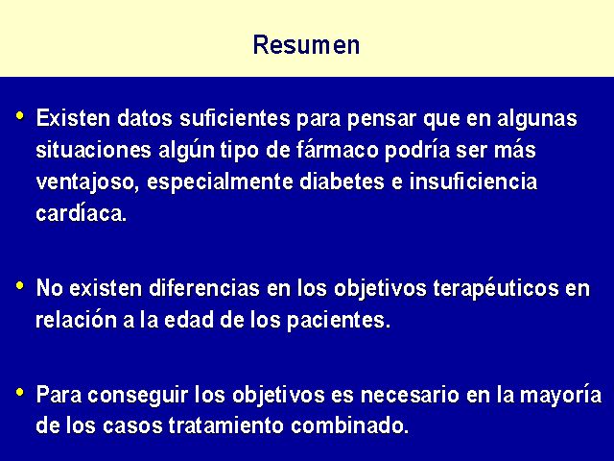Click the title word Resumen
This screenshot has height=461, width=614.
point(306,45)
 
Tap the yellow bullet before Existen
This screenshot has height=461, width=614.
point(20,115)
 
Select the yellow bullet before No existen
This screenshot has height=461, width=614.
point(20,285)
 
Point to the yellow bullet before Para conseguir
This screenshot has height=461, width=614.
point(20,392)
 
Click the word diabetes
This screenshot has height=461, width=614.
point(342,182)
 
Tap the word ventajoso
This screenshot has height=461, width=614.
point(87,182)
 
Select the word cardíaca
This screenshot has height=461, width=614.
point(82,213)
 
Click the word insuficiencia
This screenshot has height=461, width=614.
point(473,182)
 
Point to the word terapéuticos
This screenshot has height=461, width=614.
point(496,289)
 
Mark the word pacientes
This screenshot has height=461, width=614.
point(339,321)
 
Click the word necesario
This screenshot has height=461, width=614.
point(410,395)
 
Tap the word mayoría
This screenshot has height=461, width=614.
point(560,396)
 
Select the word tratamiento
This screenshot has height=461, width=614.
point(226,425)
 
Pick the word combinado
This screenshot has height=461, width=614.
point(349,425)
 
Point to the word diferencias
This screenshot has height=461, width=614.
point(204,288)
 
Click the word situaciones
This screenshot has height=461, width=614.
point(93,150)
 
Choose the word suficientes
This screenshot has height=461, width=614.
point(235,118)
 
